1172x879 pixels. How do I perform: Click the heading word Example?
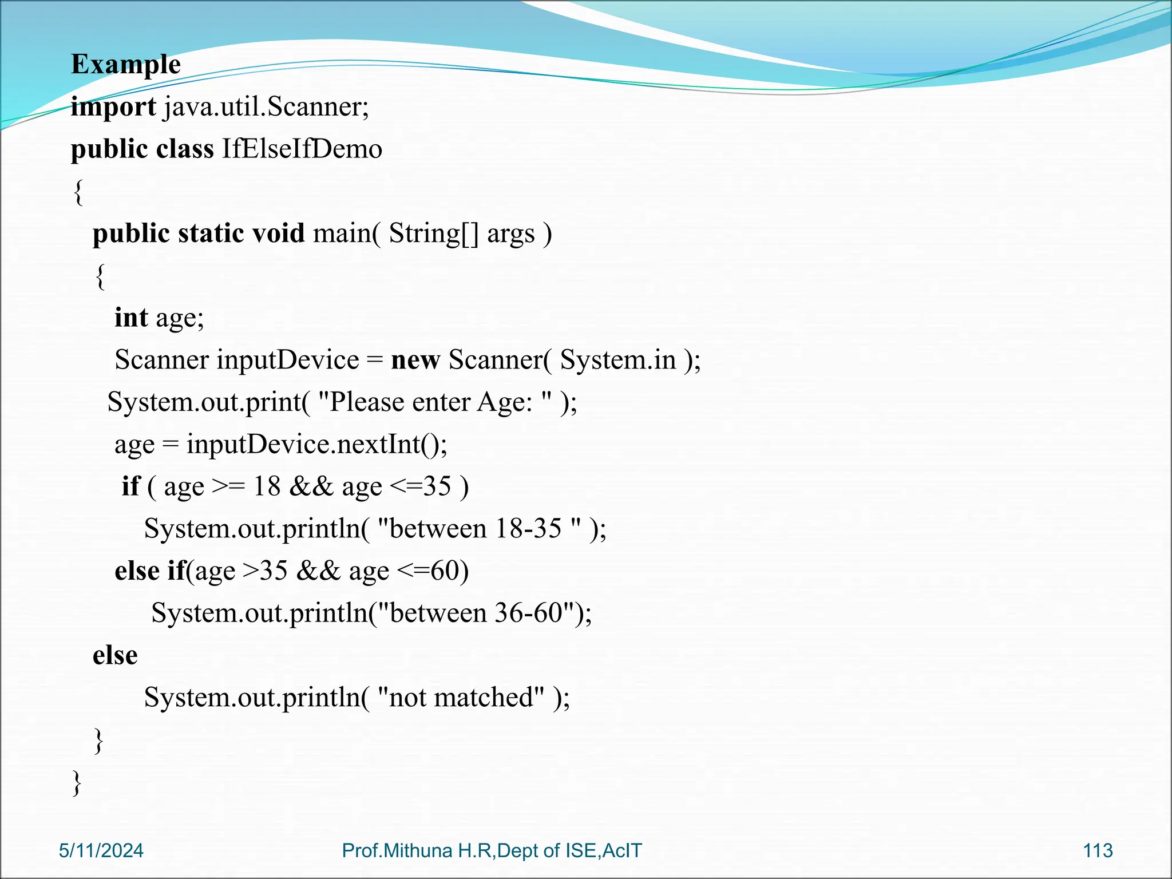pyautogui.click(x=125, y=65)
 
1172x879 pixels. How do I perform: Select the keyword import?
pyautogui.click(x=113, y=107)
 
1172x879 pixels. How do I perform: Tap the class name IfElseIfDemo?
pyautogui.click(x=302, y=149)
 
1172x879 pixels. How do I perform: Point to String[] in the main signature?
pyautogui.click(x=433, y=233)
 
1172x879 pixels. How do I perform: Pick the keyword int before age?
pyautogui.click(x=131, y=318)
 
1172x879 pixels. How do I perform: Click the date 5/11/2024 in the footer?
pyautogui.click(x=101, y=851)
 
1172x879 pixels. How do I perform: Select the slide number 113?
pyautogui.click(x=1098, y=851)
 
